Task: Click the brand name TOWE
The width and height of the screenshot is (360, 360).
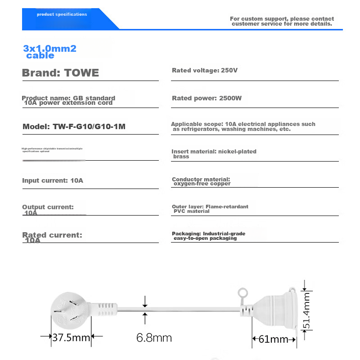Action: pyautogui.click(x=81, y=73)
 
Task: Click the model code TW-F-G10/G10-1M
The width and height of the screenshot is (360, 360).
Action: pyautogui.click(x=89, y=127)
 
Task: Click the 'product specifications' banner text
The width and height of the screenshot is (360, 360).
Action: pyautogui.click(x=62, y=14)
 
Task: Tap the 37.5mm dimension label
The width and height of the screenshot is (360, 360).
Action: pyautogui.click(x=71, y=337)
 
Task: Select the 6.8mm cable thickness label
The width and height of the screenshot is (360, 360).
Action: pyautogui.click(x=154, y=337)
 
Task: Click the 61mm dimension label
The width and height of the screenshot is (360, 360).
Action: pyautogui.click(x=273, y=339)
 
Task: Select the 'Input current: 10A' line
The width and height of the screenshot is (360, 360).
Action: pyautogui.click(x=53, y=180)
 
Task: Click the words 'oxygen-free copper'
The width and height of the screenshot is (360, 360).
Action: pyautogui.click(x=202, y=184)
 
